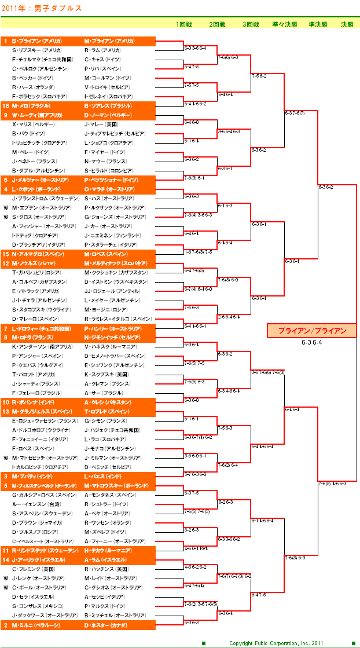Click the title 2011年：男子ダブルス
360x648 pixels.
tap(42, 8)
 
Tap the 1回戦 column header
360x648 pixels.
tap(184, 25)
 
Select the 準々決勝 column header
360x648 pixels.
tap(284, 25)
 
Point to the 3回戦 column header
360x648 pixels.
tap(251, 25)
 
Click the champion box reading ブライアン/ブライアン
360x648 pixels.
tap(312, 331)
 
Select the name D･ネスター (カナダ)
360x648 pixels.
tap(106, 625)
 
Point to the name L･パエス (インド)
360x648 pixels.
tap(103, 477)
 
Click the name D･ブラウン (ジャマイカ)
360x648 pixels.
tap(35, 523)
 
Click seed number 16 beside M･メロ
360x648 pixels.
tap(6, 106)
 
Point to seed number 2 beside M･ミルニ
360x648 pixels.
tap(6, 625)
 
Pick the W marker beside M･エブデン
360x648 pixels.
tap(6, 208)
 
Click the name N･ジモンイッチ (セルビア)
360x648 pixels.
tap(112, 338)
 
